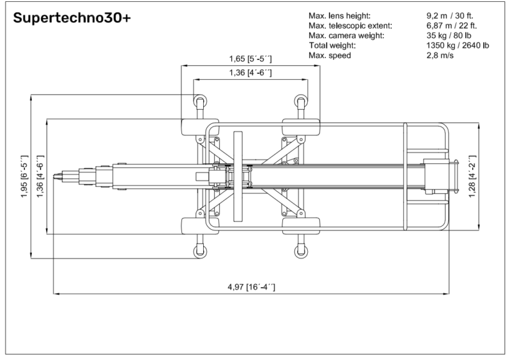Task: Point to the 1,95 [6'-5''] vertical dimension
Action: tap(25, 176)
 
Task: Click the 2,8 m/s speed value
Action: tap(439, 56)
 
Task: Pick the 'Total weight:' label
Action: tap(332, 45)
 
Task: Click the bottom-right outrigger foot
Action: tap(300, 250)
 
